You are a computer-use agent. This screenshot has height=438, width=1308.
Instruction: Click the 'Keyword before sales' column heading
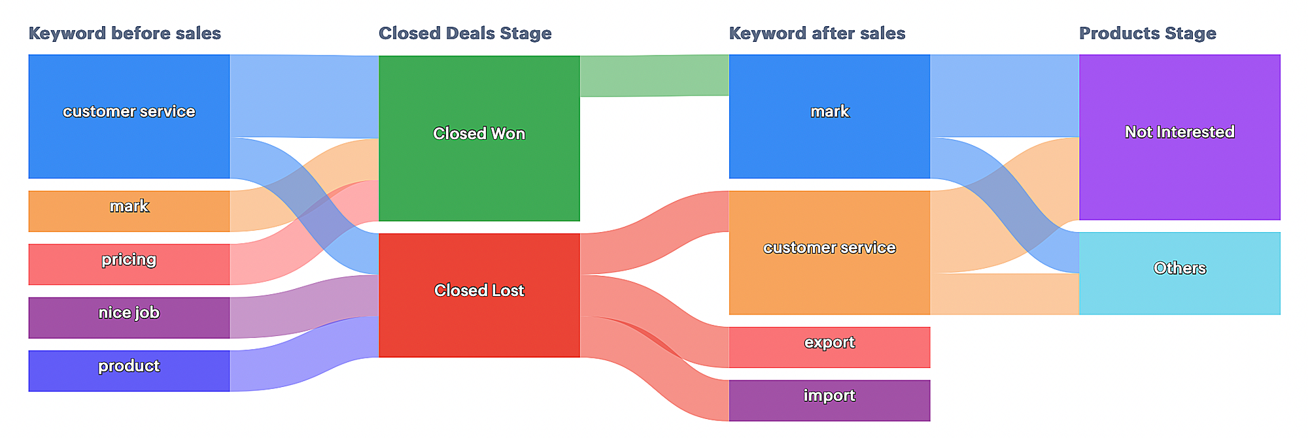coord(125,33)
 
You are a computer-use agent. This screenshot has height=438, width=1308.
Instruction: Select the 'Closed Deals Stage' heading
coord(465,33)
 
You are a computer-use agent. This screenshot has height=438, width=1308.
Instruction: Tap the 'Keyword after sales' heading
coord(817,33)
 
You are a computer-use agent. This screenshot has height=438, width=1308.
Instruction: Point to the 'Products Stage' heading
coord(1148,33)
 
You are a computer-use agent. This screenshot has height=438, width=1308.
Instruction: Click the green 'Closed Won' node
coord(479,139)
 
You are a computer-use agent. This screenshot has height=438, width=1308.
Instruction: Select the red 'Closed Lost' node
coord(479,295)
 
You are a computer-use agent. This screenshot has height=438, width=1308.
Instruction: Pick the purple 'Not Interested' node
coord(1180,137)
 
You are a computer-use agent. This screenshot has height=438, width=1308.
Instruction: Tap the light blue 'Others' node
coord(1180,273)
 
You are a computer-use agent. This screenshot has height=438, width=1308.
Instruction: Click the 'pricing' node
coord(129,264)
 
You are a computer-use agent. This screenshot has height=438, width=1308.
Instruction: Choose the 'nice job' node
coord(129,318)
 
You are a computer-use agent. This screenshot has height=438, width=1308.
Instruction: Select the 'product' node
coord(129,371)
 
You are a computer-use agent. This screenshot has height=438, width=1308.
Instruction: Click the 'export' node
coord(829,347)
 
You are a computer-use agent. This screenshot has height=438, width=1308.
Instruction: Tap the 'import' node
coord(829,401)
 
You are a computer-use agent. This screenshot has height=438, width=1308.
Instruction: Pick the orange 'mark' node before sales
coord(129,211)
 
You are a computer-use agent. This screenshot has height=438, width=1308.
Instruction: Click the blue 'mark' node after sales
coord(829,116)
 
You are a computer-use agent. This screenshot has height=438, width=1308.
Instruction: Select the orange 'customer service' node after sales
coord(829,253)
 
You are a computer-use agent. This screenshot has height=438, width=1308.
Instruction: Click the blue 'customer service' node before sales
coord(129,116)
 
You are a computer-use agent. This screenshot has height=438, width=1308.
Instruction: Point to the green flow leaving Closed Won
coord(655,76)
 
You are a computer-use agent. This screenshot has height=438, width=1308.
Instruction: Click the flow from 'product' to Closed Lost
coord(304,354)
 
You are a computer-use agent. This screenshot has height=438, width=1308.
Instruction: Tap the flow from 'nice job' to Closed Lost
coord(304,307)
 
